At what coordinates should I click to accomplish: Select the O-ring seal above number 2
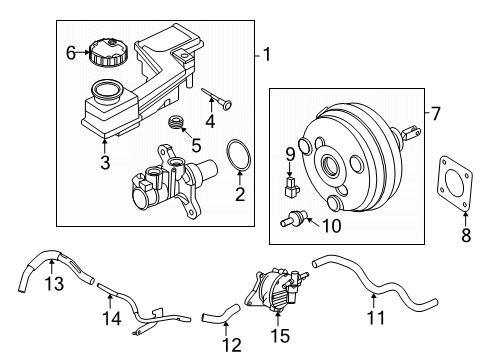point(237,159)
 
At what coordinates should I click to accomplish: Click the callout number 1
point(265,55)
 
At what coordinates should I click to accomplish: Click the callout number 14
point(113,319)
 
